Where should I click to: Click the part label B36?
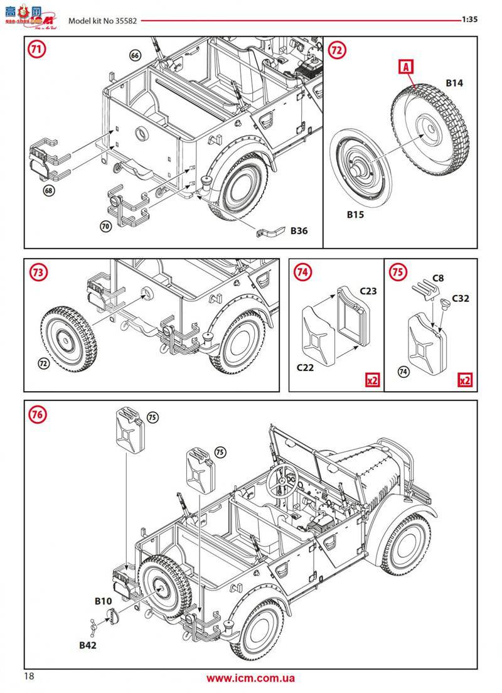pos(299,231)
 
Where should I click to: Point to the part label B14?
pos(454,83)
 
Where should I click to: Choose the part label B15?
pos(356,215)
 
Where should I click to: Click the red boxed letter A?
pos(405,66)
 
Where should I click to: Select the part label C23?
pos(368,291)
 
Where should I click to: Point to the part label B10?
pos(103,601)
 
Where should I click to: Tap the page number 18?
pos(29,676)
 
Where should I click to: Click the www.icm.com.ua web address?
pos(250,678)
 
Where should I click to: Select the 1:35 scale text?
pos(470,19)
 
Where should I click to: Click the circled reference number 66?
pos(135,55)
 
